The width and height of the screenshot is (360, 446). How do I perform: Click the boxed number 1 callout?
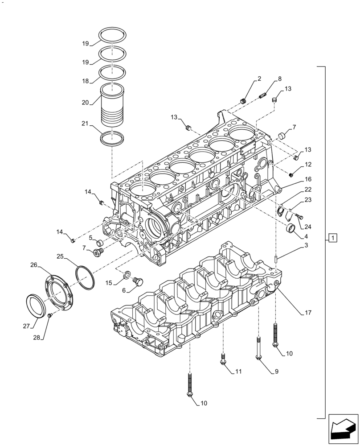pyautogui.click(x=334, y=237)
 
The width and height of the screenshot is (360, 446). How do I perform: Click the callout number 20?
pyautogui.click(x=85, y=102)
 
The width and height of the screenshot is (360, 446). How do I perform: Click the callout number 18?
pyautogui.click(x=85, y=81)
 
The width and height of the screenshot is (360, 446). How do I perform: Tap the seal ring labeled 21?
pyautogui.click(x=112, y=139)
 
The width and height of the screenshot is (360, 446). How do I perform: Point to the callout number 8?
pyautogui.click(x=279, y=79)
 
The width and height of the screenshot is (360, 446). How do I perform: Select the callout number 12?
pyautogui.click(x=307, y=165)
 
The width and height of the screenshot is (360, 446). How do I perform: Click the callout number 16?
pyautogui.click(x=307, y=179)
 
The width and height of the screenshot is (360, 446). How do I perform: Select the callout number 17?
pyautogui.click(x=307, y=313)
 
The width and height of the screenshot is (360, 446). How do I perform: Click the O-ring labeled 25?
pyautogui.click(x=85, y=277)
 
